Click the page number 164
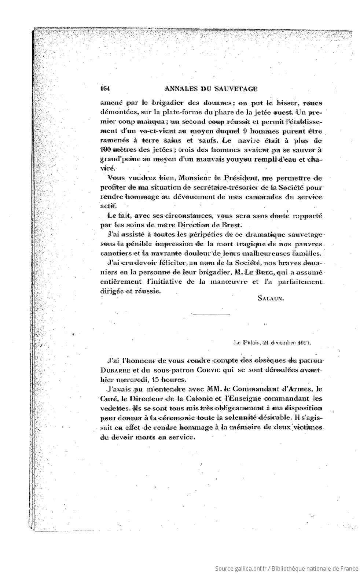[x=106, y=88]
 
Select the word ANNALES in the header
[x=181, y=88]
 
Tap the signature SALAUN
[x=271, y=298]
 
